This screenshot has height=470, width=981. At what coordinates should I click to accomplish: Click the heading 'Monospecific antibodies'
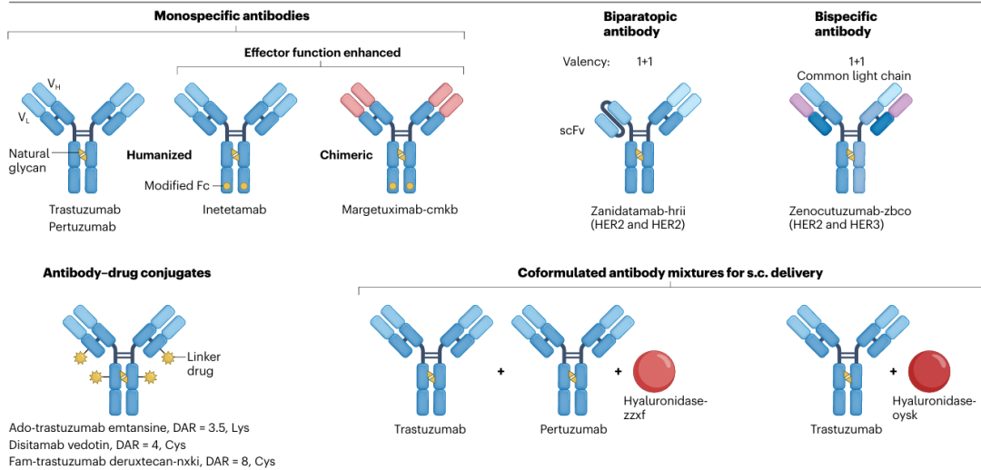[x=232, y=15]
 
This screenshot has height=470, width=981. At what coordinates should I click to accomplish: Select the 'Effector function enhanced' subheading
[x=322, y=53]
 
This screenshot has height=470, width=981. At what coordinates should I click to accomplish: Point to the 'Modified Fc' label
[x=178, y=186]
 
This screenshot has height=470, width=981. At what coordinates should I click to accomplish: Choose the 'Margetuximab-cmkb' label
[x=400, y=210]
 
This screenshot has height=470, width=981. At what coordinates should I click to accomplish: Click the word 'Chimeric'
[x=346, y=155]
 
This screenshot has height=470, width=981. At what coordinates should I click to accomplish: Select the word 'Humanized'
[x=159, y=155]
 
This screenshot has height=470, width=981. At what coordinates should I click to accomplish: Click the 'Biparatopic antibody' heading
[x=640, y=24]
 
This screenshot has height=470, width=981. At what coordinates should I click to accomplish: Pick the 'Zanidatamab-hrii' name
[x=640, y=210]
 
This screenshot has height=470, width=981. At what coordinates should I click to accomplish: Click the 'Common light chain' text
[x=853, y=75]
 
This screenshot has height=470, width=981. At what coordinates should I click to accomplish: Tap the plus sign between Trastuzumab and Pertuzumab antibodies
[x=500, y=372]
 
